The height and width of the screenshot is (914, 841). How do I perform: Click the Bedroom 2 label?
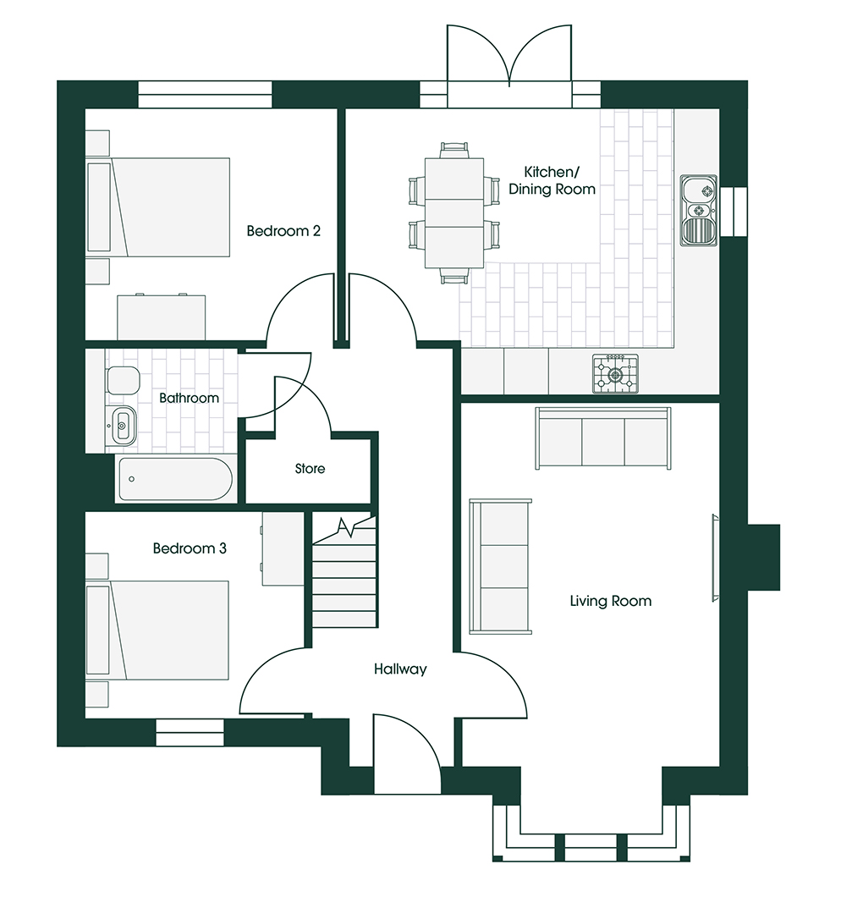coord(283,231)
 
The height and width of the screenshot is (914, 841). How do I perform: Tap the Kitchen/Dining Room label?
coord(552,181)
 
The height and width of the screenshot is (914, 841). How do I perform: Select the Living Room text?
coord(610,601)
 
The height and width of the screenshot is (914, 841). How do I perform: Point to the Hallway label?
coord(400,669)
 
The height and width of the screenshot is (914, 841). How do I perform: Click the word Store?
coord(310,469)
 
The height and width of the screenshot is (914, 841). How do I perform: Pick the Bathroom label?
coord(189,398)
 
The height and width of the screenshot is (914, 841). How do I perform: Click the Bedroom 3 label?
coord(190,548)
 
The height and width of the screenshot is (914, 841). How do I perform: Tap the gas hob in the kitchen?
coord(615,374)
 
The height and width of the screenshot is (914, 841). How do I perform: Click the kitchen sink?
coord(698,210)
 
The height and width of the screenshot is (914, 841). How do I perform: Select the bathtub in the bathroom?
coord(175,479)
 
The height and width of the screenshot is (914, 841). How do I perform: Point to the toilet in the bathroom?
coord(123,381)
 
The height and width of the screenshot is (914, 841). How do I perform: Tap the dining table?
coord(454,212)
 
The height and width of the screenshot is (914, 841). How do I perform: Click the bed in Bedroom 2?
coord(157,207)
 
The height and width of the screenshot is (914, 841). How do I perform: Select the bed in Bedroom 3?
coord(157,630)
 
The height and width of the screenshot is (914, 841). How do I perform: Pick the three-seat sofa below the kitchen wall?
coord(602,438)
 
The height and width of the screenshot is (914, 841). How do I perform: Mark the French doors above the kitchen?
coord(509,57)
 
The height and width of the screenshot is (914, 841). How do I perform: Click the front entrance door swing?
coord(408,754)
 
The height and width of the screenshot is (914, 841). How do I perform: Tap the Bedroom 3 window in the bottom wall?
coord(190,733)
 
